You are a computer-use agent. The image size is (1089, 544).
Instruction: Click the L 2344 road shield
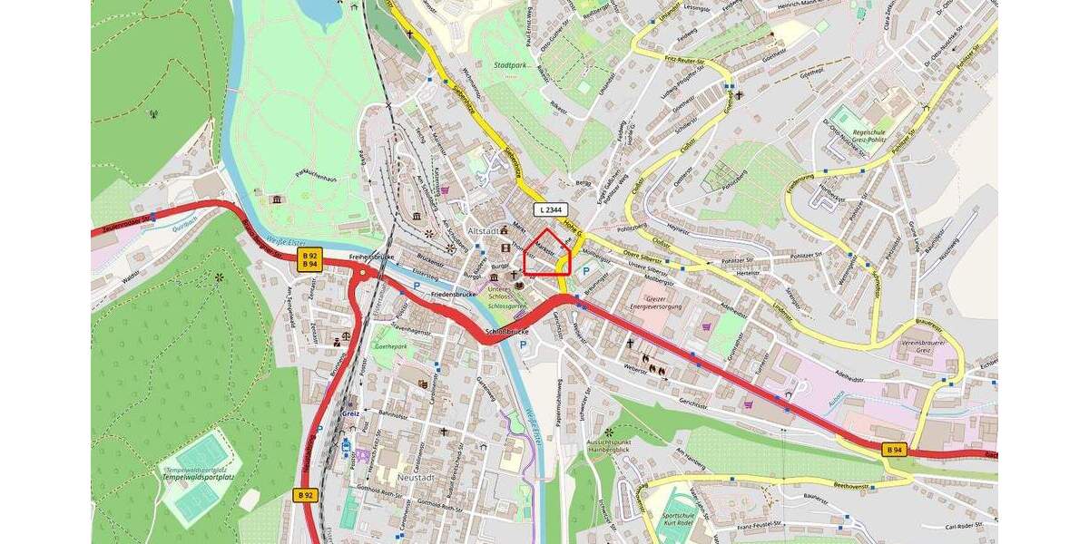click(551, 209)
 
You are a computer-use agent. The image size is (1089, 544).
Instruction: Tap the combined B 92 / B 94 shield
click(309, 260)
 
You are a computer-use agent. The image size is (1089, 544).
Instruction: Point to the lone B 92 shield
click(305, 495)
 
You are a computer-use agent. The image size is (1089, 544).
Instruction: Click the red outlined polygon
click(548, 253)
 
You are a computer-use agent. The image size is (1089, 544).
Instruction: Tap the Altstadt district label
click(482, 230)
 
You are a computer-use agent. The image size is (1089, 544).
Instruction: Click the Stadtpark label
click(511, 65)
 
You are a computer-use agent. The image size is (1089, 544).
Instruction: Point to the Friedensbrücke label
click(454, 296)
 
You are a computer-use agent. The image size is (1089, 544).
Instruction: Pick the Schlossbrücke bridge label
click(507, 332)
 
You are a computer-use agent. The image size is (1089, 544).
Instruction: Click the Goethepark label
click(390, 346)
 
